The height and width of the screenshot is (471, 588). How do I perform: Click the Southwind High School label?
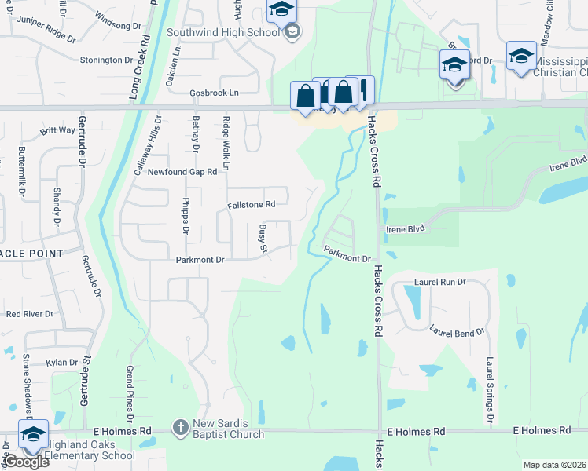(223, 33)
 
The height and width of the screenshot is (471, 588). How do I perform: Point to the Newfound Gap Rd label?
(182, 172)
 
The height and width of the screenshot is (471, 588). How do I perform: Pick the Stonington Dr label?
(106, 60)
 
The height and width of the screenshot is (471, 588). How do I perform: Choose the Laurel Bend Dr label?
(457, 333)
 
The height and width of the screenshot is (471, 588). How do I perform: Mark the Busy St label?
(264, 239)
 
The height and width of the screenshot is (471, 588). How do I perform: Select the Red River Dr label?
(29, 314)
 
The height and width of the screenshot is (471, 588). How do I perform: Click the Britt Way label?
(57, 130)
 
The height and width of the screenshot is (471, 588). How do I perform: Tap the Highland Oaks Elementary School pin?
(34, 436)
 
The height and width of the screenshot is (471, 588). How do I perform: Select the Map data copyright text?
(553, 465)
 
